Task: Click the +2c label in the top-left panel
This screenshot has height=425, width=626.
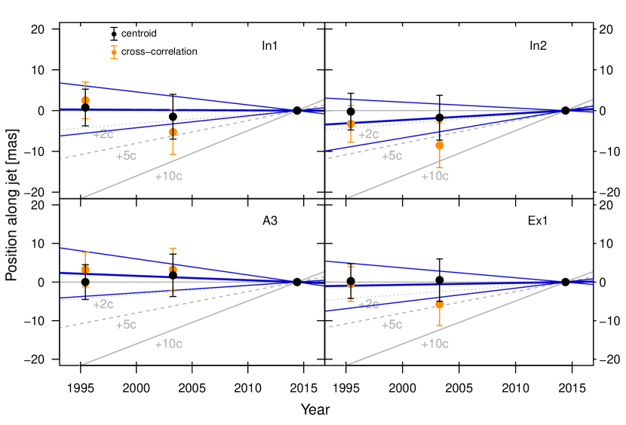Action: click(x=103, y=135)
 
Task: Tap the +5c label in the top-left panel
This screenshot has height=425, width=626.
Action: click(x=126, y=156)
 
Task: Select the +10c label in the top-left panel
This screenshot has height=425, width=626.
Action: click(x=168, y=176)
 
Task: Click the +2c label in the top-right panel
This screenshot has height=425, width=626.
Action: click(x=368, y=135)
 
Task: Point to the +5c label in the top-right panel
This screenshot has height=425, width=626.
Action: click(x=391, y=156)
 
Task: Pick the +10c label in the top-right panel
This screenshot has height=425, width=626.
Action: click(x=434, y=176)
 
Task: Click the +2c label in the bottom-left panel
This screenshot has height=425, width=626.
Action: click(x=103, y=304)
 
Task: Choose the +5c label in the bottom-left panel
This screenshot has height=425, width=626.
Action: click(x=126, y=325)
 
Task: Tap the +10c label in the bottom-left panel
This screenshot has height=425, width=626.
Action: click(x=168, y=344)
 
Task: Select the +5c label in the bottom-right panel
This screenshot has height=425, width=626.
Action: click(x=391, y=325)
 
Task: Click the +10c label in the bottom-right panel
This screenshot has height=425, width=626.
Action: click(x=434, y=344)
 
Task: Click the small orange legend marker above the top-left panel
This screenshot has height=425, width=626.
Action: click(x=114, y=52)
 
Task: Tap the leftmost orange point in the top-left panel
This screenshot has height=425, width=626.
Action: click(x=85, y=100)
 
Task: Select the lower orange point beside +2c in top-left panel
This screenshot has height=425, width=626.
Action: click(x=173, y=132)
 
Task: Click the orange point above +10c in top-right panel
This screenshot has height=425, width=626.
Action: click(x=440, y=145)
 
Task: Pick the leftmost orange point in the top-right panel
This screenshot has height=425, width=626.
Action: click(x=351, y=124)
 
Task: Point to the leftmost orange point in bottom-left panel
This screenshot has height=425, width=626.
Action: click(x=85, y=269)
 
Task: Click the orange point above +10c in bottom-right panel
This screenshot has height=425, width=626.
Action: click(x=440, y=304)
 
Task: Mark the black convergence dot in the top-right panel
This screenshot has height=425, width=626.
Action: click(x=565, y=111)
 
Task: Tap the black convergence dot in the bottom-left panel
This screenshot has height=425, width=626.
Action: click(x=297, y=281)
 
